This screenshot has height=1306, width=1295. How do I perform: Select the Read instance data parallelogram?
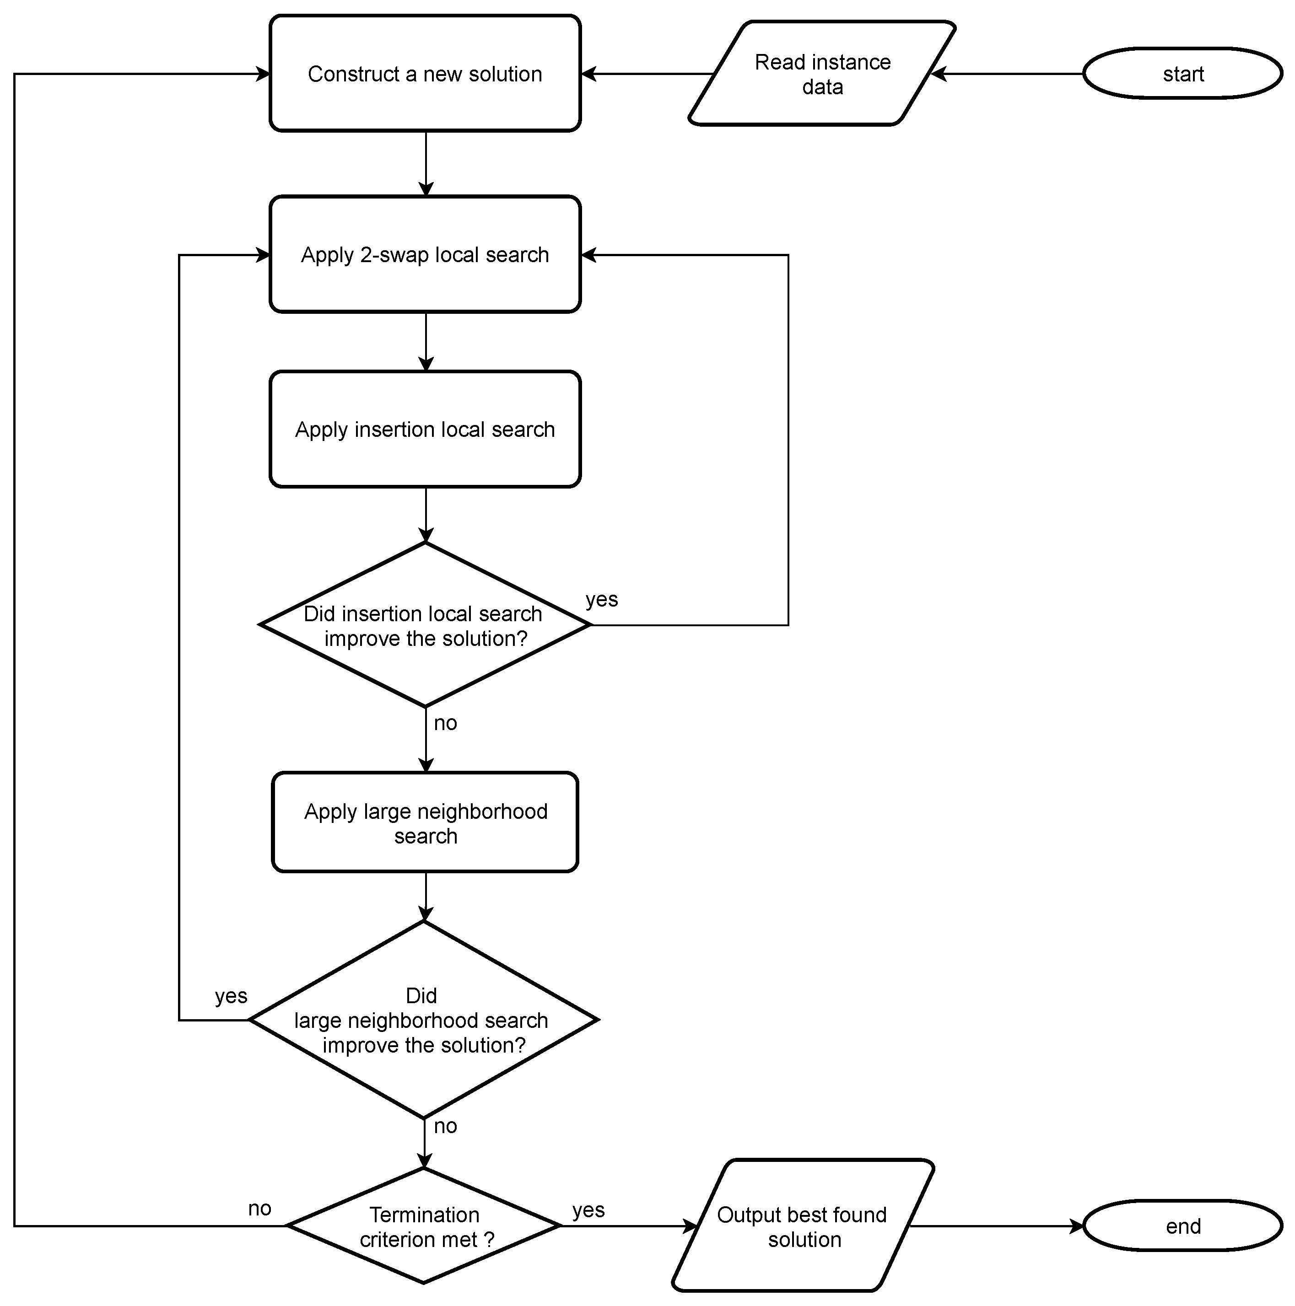coord(822,74)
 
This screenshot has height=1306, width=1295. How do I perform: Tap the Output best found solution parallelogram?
coord(802,1226)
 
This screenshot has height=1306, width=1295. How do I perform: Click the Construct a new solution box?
coord(425,73)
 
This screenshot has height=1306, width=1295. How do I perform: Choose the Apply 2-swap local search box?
coord(425,254)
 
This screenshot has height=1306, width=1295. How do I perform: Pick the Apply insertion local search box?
coord(425,429)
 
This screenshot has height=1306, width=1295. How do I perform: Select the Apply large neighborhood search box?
coord(425,822)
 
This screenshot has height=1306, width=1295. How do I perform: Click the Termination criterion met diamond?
coord(424,1226)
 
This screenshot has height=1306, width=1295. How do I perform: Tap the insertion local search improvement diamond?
coord(425,625)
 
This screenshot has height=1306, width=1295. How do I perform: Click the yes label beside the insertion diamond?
coord(601,600)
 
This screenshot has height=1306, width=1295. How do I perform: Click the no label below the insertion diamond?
coord(445,723)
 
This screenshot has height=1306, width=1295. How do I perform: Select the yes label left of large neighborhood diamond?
coord(231,996)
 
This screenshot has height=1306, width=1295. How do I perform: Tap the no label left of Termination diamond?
coord(259,1209)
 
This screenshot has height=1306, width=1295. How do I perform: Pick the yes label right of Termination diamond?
coord(588,1210)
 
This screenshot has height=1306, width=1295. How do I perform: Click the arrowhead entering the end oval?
coord(1077,1226)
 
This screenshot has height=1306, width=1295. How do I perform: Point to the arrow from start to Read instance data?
coord(1008,74)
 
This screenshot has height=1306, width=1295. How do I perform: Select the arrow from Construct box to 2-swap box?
coord(426,162)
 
